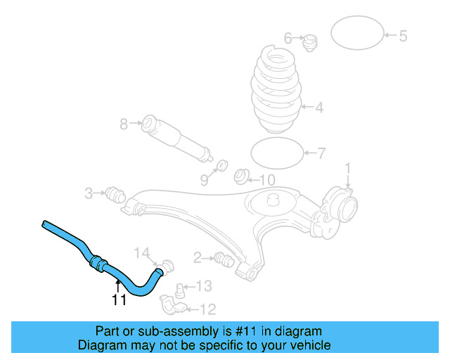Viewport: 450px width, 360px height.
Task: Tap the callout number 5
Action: coord(403,36)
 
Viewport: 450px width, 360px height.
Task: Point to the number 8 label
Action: coord(124,124)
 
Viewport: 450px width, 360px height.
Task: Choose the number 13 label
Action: coord(203,285)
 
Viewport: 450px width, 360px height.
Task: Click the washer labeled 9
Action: coord(219,165)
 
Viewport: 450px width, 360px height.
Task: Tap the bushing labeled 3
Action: coord(114,193)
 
